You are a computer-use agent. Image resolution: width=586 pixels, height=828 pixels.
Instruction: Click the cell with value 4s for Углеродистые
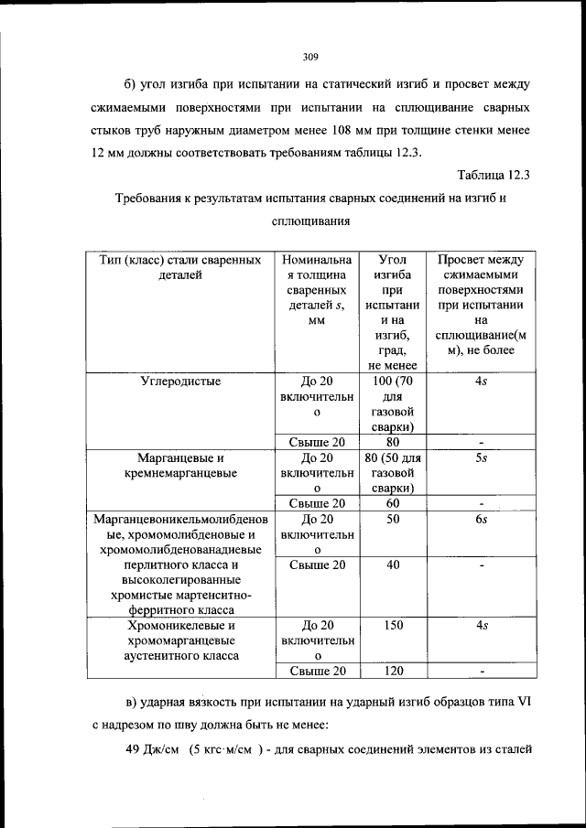[x=481, y=382]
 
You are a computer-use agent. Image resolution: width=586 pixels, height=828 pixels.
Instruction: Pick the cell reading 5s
[x=481, y=457]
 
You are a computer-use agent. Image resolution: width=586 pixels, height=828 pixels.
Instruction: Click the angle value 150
[x=394, y=626]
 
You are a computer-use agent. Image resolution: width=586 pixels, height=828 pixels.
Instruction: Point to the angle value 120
[x=394, y=672]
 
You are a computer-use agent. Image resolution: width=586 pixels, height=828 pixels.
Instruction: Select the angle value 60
[x=394, y=502]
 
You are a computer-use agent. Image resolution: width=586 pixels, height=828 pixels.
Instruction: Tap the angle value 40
[x=394, y=565]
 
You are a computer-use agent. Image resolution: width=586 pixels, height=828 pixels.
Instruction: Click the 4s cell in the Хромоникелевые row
[x=481, y=626]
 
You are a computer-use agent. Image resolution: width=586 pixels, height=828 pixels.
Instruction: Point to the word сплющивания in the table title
[x=309, y=221]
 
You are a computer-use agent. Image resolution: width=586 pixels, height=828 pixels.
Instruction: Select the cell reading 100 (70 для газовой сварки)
[x=394, y=403]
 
